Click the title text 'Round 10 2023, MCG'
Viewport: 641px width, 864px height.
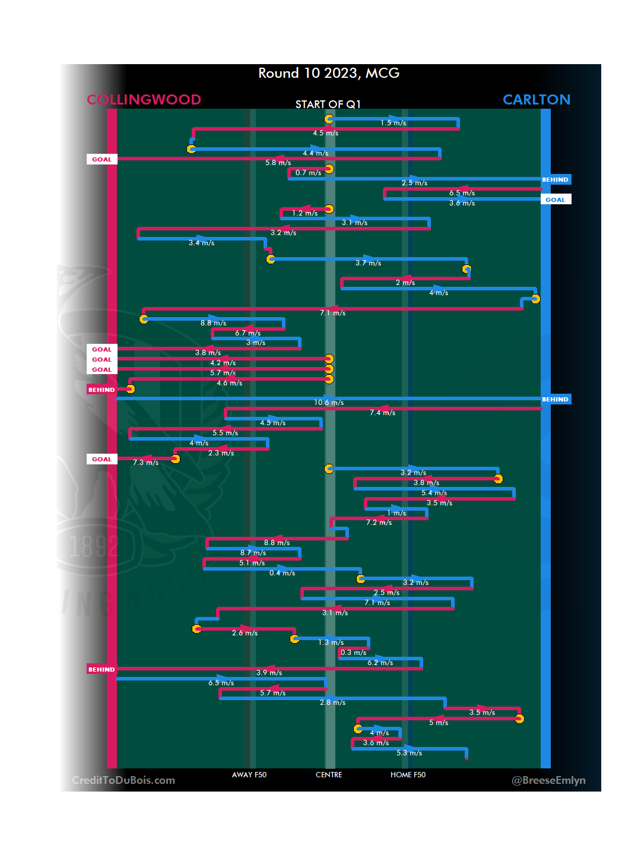tap(329, 73)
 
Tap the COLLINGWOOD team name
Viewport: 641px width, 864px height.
tap(144, 99)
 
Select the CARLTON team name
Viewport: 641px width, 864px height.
tap(537, 99)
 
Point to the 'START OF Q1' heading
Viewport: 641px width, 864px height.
tap(328, 105)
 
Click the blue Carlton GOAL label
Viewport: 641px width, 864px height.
tap(556, 200)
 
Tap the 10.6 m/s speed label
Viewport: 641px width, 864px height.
tap(329, 403)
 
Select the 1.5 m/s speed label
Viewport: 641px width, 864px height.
tap(394, 123)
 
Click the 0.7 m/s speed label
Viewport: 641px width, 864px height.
tap(308, 173)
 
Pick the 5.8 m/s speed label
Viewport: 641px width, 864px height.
tap(278, 163)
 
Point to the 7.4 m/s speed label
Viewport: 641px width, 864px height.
tap(382, 413)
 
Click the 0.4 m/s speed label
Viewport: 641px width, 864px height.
tap(282, 573)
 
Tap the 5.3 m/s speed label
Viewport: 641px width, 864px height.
tap(409, 753)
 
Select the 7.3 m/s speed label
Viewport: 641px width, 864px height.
tap(145, 463)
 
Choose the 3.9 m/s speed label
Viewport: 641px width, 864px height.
tap(269, 673)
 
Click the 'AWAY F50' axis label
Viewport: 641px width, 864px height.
tap(249, 775)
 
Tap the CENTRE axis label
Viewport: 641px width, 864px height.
tap(329, 775)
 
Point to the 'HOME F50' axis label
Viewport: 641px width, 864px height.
tap(408, 775)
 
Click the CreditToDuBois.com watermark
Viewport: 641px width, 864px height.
tap(123, 780)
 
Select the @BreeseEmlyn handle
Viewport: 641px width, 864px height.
tap(548, 780)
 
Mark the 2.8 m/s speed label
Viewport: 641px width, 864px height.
tap(332, 702)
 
